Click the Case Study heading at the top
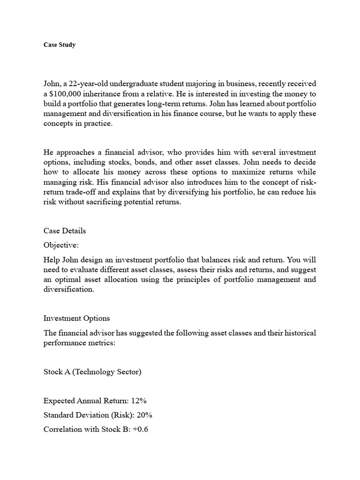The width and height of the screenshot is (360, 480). coord(60,45)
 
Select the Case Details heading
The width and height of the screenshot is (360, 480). coord(65,231)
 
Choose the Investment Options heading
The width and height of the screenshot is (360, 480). coord(76,318)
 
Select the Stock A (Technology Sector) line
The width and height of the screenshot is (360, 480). coord(92,372)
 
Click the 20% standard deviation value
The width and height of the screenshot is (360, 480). coord(144,415)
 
